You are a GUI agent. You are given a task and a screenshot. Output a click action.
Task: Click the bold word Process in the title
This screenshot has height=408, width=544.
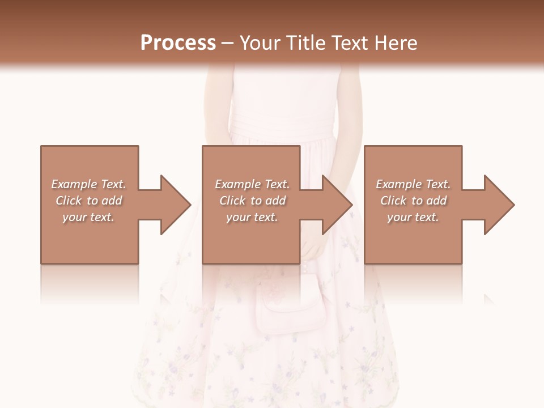[x=178, y=42]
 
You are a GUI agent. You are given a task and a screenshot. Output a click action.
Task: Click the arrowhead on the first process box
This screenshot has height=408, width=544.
[x=173, y=205]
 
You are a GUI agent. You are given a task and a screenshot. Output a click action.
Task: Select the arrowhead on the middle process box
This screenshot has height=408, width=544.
[x=334, y=205]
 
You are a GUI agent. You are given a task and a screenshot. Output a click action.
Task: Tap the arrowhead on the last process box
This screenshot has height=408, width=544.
[x=496, y=205]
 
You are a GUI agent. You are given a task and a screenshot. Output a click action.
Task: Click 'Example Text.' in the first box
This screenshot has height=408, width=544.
[x=88, y=184]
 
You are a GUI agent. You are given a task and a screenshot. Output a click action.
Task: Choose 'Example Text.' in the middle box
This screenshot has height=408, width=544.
[x=252, y=184]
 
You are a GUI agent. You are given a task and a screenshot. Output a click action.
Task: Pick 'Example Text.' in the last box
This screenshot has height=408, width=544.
[x=413, y=184]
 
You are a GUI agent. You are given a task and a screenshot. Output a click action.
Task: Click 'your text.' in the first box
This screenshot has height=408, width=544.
[x=88, y=217]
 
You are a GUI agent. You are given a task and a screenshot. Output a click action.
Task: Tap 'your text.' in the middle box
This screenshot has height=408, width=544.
[x=252, y=217]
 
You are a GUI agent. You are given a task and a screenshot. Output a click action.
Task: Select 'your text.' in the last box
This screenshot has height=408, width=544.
[x=413, y=217]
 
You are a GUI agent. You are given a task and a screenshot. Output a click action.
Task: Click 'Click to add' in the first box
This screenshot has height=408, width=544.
[x=88, y=201]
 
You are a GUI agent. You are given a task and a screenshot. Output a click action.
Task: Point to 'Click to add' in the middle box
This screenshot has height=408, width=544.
[x=252, y=201]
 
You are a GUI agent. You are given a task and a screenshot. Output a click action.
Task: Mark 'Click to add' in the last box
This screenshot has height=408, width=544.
[x=413, y=201]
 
